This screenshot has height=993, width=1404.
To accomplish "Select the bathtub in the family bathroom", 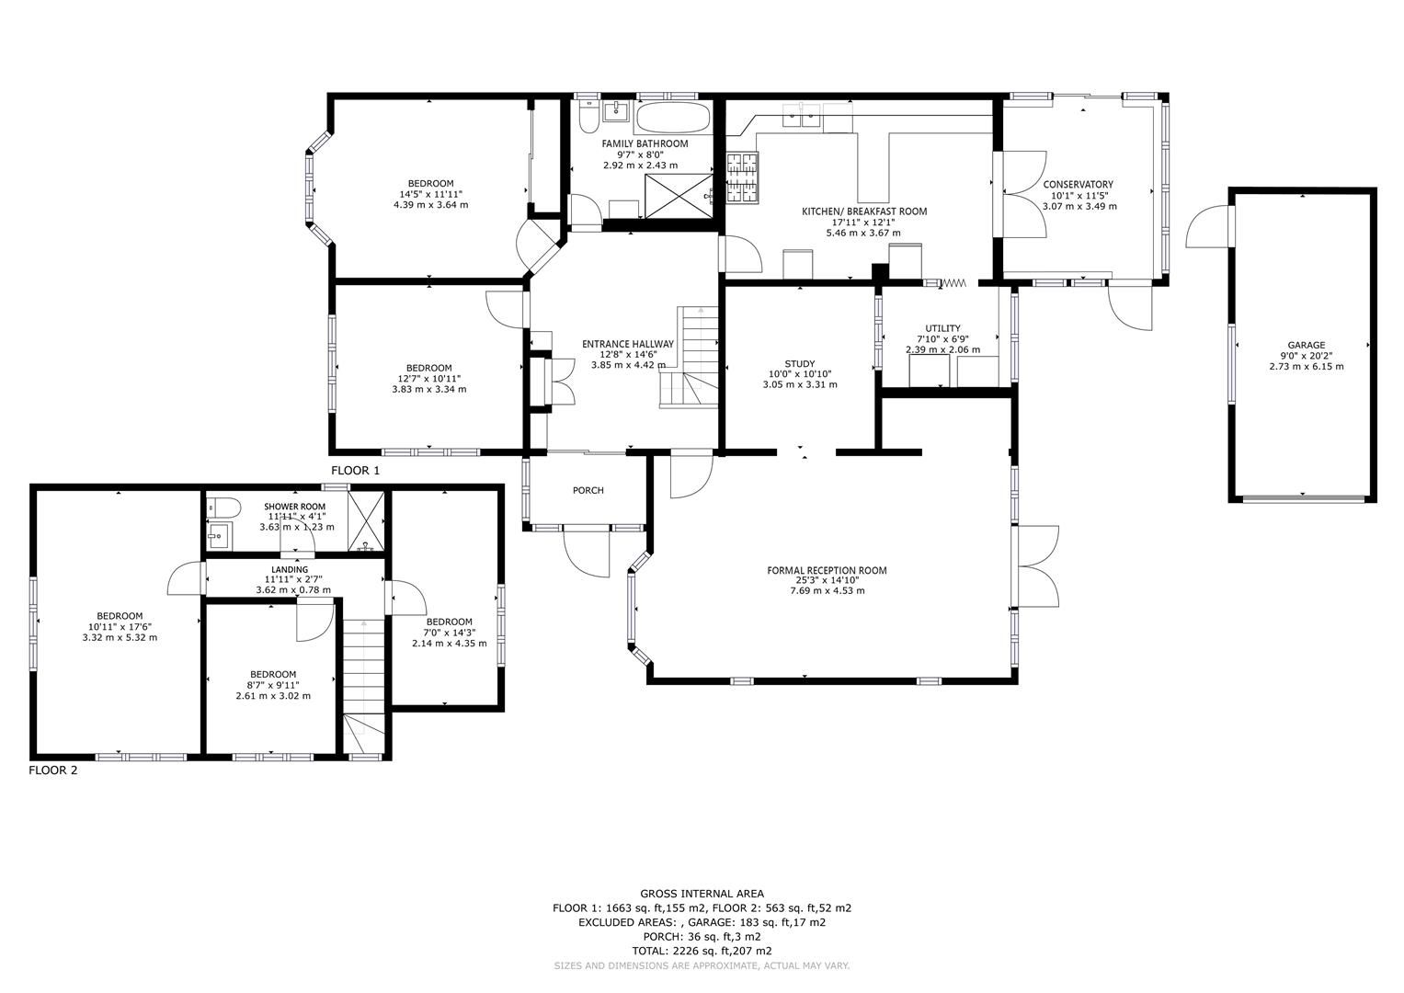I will click(x=673, y=117).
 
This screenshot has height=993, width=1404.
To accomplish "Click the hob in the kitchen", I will click(x=745, y=177).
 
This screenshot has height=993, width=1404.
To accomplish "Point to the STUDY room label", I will click(x=799, y=364).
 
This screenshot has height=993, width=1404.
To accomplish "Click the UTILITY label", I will click(x=942, y=328).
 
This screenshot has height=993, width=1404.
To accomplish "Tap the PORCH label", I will click(x=588, y=490).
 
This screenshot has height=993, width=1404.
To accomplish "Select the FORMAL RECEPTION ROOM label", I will click(x=827, y=570).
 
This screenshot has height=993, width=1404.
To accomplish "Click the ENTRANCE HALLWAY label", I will click(x=627, y=344).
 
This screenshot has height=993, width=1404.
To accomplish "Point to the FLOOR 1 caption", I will click(x=355, y=471).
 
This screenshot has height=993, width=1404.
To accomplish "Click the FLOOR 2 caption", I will click(x=53, y=770).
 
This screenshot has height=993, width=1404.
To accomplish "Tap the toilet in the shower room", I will click(x=223, y=507).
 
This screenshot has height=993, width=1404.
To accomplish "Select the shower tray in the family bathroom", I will click(x=679, y=197).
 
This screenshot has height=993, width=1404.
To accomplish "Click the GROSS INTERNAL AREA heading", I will click(x=702, y=893).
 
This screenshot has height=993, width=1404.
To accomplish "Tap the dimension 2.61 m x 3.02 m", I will click(x=273, y=696).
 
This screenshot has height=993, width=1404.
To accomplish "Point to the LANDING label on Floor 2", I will click(x=290, y=569).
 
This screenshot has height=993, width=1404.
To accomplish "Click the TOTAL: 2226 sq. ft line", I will click(x=702, y=951).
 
